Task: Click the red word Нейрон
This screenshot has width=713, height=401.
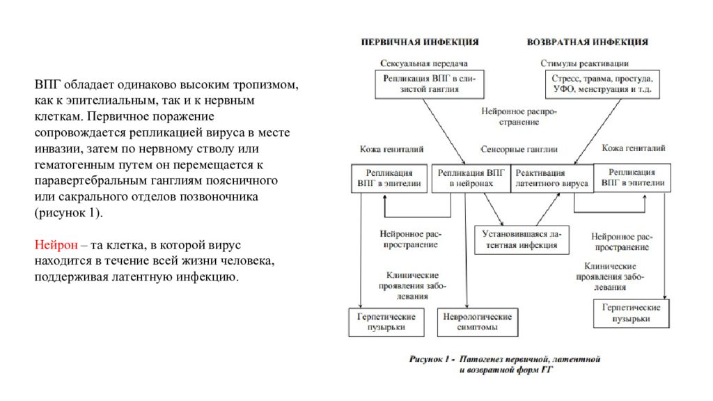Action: click(x=56, y=245)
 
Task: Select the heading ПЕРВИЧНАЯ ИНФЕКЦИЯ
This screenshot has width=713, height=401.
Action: click(x=420, y=42)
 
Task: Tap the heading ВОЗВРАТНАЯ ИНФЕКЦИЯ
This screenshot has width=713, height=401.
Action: click(x=588, y=42)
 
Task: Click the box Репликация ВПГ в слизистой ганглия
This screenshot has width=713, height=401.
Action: click(x=429, y=84)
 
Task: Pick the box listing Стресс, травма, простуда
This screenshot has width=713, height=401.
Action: click(x=602, y=84)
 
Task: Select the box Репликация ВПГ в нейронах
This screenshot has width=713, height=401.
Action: click(x=471, y=178)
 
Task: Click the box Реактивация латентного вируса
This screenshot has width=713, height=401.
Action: click(x=552, y=178)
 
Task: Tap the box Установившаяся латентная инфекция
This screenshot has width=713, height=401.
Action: click(x=522, y=239)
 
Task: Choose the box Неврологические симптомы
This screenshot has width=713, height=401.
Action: click(x=478, y=322)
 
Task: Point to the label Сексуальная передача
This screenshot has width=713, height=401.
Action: click(x=424, y=63)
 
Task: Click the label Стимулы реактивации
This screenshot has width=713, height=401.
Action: click(x=584, y=63)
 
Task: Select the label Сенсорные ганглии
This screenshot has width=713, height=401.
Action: click(x=519, y=149)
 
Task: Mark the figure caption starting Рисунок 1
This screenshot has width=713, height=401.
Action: click(x=505, y=364)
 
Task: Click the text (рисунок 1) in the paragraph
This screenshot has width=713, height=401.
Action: click(x=69, y=213)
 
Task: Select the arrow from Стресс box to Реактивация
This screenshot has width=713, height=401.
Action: click(x=597, y=132)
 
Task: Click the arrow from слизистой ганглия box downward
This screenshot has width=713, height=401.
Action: click(x=444, y=132)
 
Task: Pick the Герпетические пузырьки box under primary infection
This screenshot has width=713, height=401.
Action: click(x=386, y=322)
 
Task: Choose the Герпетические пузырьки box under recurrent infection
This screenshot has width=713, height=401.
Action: click(x=631, y=313)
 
